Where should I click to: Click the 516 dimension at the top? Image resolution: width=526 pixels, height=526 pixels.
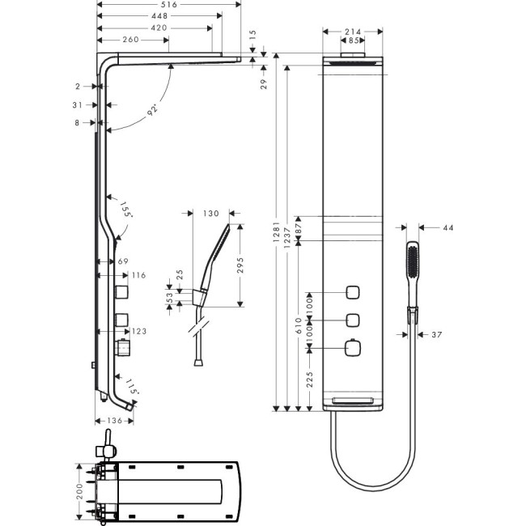coord(168,5)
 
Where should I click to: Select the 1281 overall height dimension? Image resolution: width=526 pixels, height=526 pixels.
coord(277,236)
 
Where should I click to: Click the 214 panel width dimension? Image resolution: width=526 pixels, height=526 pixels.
coord(352,32)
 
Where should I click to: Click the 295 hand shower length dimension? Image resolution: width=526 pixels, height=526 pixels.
coord(240,264)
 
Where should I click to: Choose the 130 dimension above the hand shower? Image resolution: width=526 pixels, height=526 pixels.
coord(211,214)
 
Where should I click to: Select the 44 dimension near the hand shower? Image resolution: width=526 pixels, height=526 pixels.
coord(448,228)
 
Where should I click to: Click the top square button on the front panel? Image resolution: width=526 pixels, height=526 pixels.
coord(353,291)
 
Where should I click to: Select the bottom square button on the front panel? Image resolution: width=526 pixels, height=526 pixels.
coord(353,348)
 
